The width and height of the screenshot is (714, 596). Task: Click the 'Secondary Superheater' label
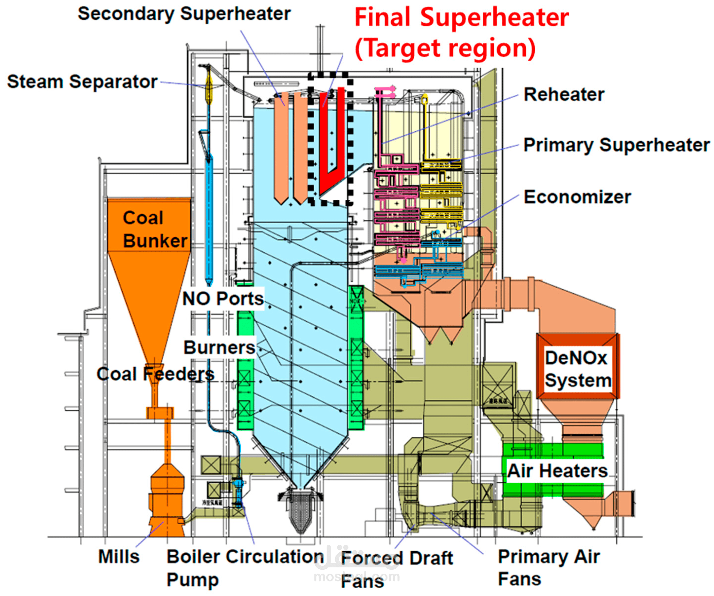point(184,14)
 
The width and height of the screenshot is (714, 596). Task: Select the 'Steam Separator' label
point(82,82)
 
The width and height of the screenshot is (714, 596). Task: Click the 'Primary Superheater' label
point(616,145)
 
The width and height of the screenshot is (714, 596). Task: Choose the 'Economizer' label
point(577,197)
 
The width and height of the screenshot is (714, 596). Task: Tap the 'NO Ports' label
point(223,299)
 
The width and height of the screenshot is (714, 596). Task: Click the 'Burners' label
point(219,348)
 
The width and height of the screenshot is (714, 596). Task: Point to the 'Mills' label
point(119,557)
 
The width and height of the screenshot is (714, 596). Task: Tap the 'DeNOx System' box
point(577,369)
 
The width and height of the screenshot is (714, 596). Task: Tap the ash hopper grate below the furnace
point(301,510)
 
